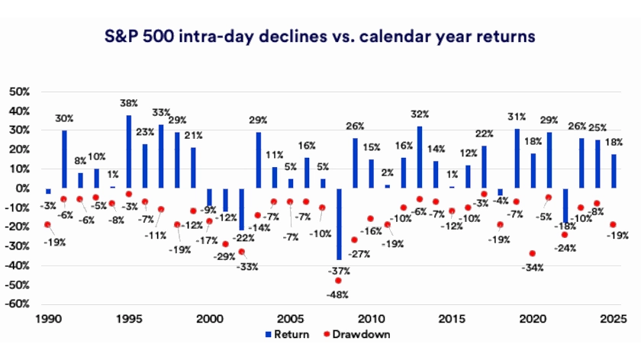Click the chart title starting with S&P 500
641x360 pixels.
click(x=320, y=36)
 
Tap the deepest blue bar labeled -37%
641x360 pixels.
click(x=339, y=223)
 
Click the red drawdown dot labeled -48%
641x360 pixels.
click(x=338, y=281)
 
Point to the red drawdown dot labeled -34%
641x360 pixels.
click(x=532, y=253)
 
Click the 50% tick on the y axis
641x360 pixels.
click(x=19, y=91)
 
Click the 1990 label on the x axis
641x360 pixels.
click(x=47, y=319)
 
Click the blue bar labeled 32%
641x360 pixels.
click(x=420, y=157)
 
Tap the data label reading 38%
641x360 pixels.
click(x=128, y=103)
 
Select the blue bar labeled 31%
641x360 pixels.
click(x=517, y=158)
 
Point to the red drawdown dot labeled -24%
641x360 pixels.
click(x=564, y=235)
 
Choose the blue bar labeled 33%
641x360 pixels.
click(x=161, y=156)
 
